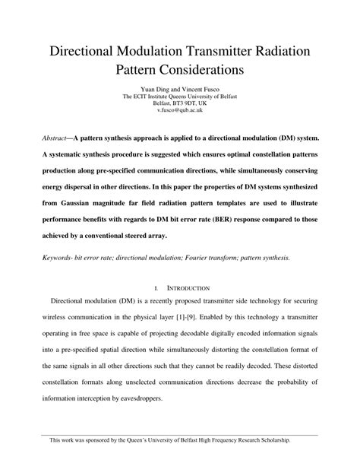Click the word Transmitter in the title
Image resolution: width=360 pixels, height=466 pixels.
(x=228, y=52)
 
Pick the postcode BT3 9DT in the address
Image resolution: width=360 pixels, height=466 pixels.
(x=182, y=104)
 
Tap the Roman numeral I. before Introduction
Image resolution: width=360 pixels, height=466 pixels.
(x=157, y=288)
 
